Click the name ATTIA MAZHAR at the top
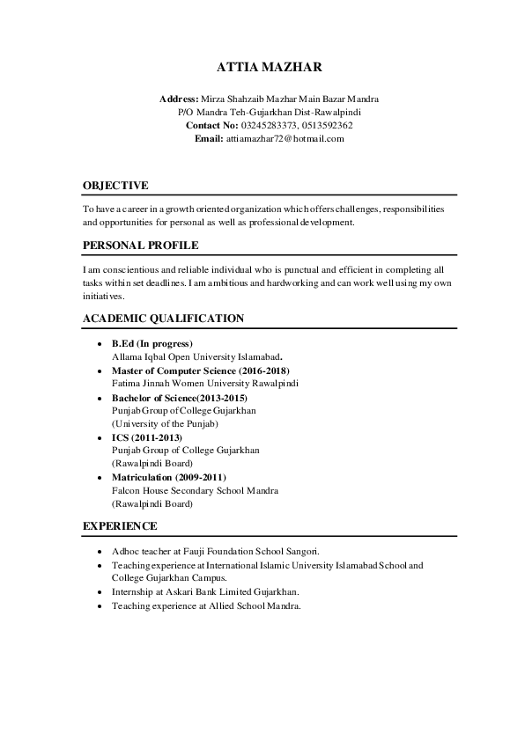[262, 68]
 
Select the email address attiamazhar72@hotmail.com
[285, 139]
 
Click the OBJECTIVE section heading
[115, 186]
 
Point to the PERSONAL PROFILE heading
[140, 246]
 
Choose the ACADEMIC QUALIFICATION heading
[163, 319]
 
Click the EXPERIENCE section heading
[120, 526]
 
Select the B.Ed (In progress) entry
[152, 343]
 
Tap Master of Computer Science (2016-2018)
[201, 370]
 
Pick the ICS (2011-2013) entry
[146, 437]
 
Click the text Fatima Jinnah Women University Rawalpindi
[205, 384]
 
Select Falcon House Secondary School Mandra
[196, 490]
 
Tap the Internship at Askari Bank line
[205, 592]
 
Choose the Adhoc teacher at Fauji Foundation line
[216, 552]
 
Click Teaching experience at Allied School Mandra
[206, 606]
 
